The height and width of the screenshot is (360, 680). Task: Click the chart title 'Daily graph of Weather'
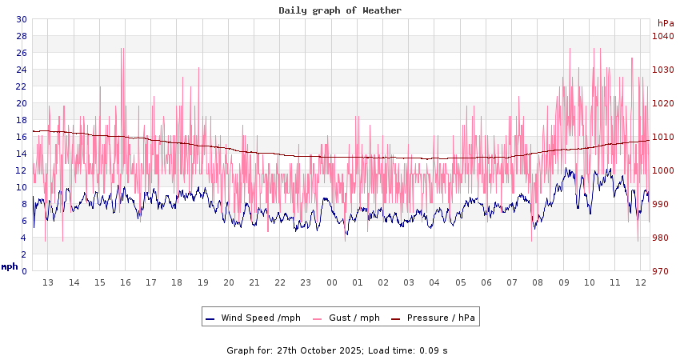[x=340, y=10]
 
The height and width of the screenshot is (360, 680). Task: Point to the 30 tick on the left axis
[x=22, y=19]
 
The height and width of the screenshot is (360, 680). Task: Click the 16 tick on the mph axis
[x=22, y=137]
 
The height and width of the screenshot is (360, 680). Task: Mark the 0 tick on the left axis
[x=24, y=271]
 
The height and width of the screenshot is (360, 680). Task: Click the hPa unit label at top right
[x=666, y=23]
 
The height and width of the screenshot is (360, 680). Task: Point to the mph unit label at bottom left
[x=10, y=266]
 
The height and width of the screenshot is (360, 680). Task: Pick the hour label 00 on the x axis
[x=332, y=282]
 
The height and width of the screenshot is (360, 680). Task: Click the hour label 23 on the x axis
[x=306, y=282]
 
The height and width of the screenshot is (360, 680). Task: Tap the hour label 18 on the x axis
[x=177, y=282]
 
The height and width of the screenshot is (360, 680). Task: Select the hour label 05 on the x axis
[x=461, y=282]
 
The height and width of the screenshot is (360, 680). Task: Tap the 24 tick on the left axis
[x=22, y=70]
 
